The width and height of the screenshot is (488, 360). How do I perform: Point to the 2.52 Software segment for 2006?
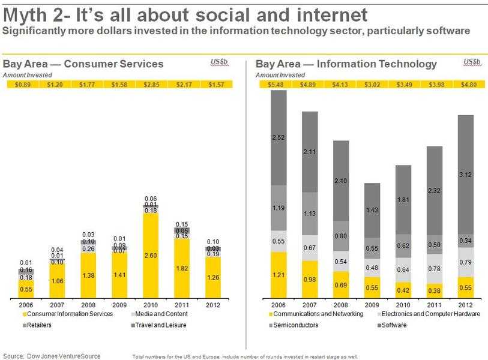pos(277,137)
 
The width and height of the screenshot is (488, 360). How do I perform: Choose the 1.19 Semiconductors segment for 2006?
pos(277,208)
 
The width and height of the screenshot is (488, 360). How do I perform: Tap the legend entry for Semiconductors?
pos(295,325)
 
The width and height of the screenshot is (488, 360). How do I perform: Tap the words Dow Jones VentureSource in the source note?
pos(66,356)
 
